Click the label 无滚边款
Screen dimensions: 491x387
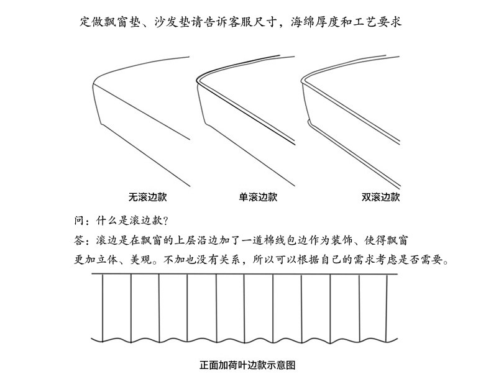tap(147, 198)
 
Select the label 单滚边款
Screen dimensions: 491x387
tap(258, 198)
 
